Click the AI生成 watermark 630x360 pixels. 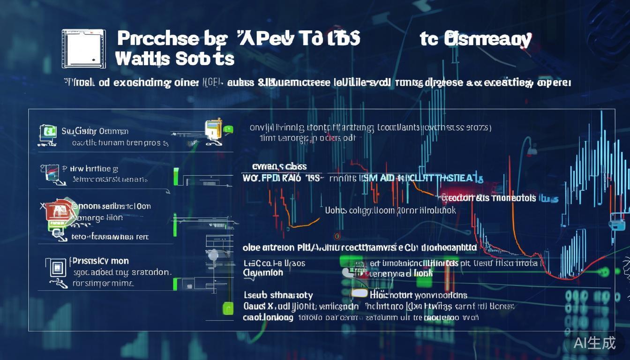594,343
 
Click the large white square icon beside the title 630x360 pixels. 83,48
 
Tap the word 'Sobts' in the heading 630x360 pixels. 204,59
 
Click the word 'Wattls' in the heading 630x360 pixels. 142,59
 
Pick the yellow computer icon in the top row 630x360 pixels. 213,129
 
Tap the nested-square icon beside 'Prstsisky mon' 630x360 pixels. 57,268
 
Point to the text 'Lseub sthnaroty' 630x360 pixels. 278,295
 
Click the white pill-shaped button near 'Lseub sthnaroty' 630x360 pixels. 359,293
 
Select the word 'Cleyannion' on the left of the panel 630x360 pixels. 263,273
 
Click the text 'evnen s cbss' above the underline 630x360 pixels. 279,166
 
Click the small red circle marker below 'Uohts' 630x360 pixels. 337,235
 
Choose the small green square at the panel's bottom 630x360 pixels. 228,308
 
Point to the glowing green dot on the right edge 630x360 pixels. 605,271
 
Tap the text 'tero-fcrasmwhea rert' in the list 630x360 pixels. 110,237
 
